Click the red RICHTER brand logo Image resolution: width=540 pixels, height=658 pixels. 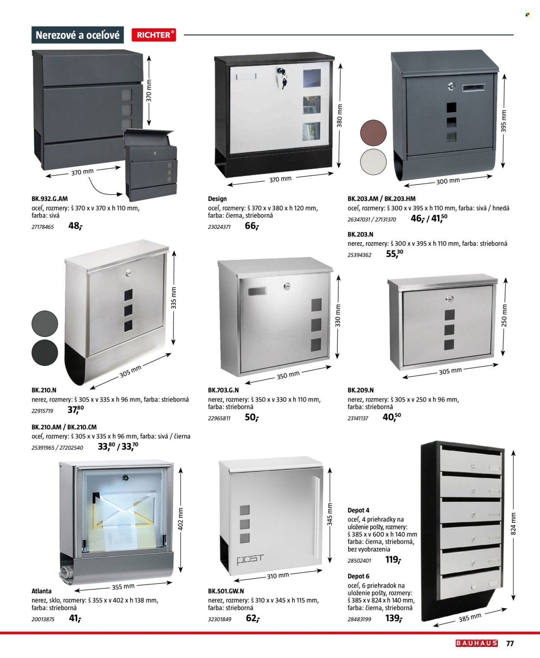pyautogui.click(x=154, y=35)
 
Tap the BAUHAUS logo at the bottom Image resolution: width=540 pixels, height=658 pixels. pyautogui.click(x=476, y=643)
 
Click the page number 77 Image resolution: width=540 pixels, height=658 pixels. pyautogui.click(x=510, y=643)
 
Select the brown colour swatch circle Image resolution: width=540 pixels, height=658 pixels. pyautogui.click(x=373, y=133)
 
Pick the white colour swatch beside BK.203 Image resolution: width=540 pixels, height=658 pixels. pyautogui.click(x=373, y=162)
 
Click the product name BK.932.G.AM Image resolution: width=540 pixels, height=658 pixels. pyautogui.click(x=50, y=199)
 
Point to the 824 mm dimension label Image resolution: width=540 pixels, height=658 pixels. pyautogui.click(x=514, y=524)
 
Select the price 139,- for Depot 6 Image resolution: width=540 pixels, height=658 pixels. pyautogui.click(x=394, y=618)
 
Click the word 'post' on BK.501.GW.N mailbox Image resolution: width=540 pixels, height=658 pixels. pyautogui.click(x=250, y=559)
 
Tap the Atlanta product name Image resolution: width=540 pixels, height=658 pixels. pyautogui.click(x=41, y=591)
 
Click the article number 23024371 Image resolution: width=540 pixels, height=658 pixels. pyautogui.click(x=219, y=227)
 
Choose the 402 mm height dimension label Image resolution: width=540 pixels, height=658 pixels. pyautogui.click(x=181, y=519)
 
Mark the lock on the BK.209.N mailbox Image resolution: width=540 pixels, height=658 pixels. pyautogui.click(x=449, y=298)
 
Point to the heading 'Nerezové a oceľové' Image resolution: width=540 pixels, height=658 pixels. pyautogui.click(x=78, y=35)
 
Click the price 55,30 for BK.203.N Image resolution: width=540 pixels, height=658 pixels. pyautogui.click(x=394, y=254)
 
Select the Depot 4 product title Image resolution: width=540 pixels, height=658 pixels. pyautogui.click(x=359, y=510)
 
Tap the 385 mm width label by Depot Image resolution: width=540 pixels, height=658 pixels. pyautogui.click(x=470, y=618)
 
